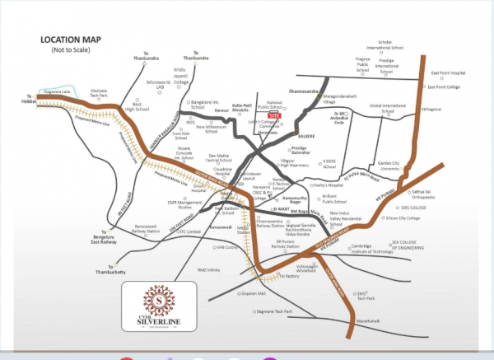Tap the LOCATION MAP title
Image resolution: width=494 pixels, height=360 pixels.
point(77,40)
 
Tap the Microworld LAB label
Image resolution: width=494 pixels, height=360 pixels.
point(158,86)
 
